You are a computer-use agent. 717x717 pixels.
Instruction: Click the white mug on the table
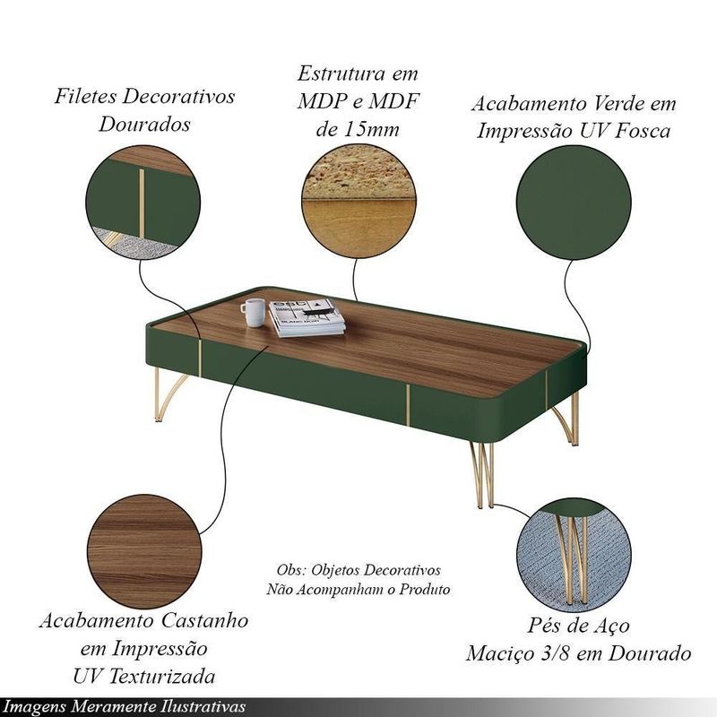(x=253, y=312)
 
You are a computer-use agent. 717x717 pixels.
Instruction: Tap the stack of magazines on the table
(x=307, y=318)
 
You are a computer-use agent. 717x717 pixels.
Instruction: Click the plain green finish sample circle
(x=574, y=203)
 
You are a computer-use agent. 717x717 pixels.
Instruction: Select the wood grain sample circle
(x=144, y=551)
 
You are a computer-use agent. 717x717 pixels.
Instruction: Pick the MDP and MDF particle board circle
(x=358, y=201)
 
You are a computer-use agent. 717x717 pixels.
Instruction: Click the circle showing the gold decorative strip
(x=143, y=203)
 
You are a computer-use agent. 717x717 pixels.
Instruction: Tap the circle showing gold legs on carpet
(x=574, y=555)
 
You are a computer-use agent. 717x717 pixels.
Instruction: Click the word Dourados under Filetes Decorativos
(x=144, y=124)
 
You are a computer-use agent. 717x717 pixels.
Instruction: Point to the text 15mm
(x=371, y=129)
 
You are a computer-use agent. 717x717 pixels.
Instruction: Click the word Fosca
(x=643, y=131)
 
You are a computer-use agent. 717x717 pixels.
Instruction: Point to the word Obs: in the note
(x=291, y=570)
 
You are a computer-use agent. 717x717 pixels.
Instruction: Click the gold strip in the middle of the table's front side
(x=408, y=405)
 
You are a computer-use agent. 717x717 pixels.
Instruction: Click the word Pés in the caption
(x=544, y=625)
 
